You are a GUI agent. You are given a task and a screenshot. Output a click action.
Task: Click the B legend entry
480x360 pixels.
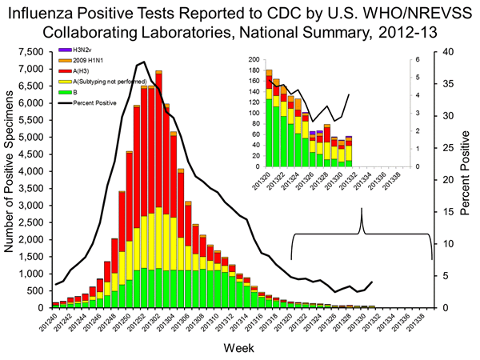(x=74, y=92)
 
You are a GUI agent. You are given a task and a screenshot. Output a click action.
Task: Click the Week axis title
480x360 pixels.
(x=240, y=349)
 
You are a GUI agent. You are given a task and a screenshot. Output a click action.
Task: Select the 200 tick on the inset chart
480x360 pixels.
(x=254, y=60)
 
